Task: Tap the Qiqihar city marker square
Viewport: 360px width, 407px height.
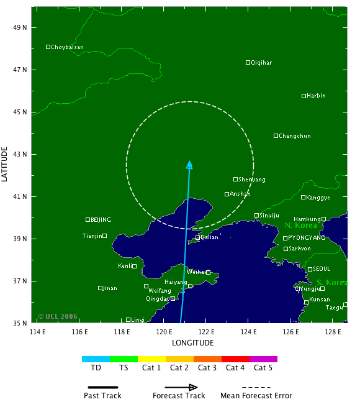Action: [248, 62]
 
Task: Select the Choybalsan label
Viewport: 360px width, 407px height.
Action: [67, 47]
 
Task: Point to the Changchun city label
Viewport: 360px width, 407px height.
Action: [295, 136]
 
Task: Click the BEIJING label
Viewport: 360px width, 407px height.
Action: [101, 220]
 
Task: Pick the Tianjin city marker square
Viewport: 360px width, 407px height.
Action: [105, 236]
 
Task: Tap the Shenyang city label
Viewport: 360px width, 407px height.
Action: [252, 180]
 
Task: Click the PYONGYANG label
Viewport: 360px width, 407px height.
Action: [307, 238]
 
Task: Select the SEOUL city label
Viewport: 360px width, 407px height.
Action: [322, 269]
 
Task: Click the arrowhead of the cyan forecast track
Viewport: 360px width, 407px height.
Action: [189, 165]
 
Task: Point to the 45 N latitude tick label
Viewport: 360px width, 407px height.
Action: [21, 112]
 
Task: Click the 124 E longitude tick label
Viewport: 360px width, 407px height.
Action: [248, 332]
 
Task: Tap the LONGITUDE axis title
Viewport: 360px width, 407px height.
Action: [193, 342]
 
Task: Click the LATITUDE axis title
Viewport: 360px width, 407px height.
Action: [6, 164]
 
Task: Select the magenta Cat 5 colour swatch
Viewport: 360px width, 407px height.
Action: [263, 359]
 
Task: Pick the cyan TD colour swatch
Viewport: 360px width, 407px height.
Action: [96, 359]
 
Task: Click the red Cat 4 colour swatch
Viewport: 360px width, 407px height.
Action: [235, 359]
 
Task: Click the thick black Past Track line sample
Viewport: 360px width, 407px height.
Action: [102, 386]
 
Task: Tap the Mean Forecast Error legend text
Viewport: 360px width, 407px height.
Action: [256, 396]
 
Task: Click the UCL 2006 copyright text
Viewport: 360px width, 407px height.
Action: [58, 316]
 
